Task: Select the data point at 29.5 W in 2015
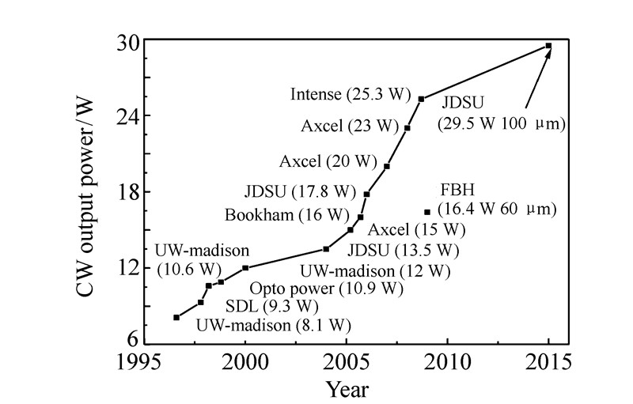(x=548, y=46)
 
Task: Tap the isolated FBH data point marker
(x=428, y=212)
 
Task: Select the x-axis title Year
(x=347, y=388)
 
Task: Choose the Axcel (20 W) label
(x=328, y=161)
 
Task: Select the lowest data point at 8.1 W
(x=176, y=317)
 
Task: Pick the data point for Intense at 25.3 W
(x=421, y=99)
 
